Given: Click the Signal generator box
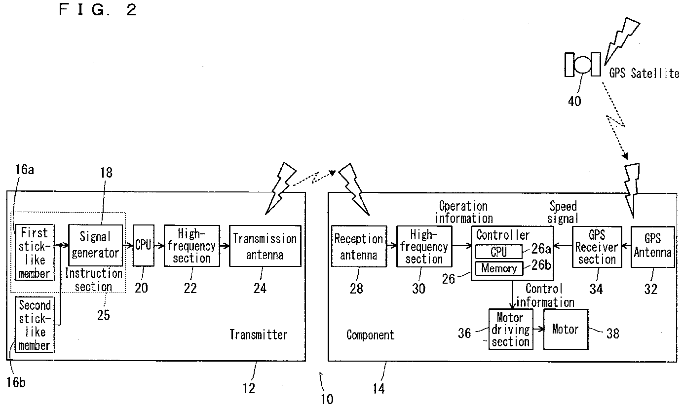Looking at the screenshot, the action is click(95, 245).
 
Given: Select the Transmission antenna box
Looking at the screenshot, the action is click(265, 246).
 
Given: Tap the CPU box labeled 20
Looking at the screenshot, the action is click(144, 245).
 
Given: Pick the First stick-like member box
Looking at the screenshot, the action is click(35, 253).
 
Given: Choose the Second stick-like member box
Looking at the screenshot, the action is click(35, 325).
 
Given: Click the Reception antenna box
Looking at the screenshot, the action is click(359, 246).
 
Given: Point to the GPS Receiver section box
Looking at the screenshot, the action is click(597, 247).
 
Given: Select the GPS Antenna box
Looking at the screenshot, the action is click(652, 247).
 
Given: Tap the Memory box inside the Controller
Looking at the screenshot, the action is click(499, 268).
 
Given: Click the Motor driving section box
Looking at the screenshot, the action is click(511, 329).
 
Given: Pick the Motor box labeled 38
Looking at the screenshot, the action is click(566, 329).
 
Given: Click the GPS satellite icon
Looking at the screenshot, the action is click(582, 64).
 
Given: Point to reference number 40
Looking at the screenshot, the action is click(574, 101).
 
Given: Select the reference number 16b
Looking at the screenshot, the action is click(16, 382).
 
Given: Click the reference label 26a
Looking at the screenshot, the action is click(541, 249).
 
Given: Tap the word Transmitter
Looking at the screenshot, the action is click(258, 334).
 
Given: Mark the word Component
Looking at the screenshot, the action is click(370, 335).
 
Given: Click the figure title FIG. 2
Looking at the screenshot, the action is click(97, 9).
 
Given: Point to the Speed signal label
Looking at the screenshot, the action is click(563, 212).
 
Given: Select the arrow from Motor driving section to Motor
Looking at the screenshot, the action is click(538, 329).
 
